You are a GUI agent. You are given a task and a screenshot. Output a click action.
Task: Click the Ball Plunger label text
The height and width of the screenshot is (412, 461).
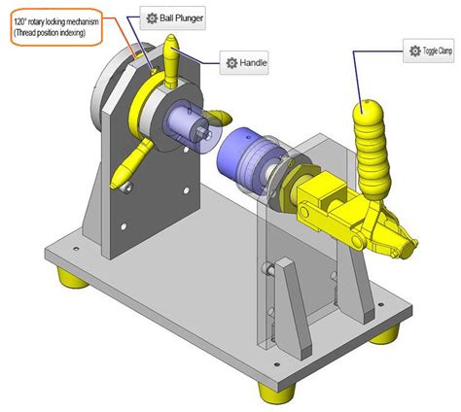pos(182,17)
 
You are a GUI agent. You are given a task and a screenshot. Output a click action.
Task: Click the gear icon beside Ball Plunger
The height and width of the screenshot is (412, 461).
pos(150,17)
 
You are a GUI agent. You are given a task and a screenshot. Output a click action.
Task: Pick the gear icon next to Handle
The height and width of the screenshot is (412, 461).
pos(230,63)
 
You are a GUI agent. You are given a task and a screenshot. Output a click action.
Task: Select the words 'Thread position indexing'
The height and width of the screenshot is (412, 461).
pos(56,33)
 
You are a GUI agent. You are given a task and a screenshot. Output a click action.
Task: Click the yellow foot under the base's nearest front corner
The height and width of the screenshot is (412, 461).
pos(270,392)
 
